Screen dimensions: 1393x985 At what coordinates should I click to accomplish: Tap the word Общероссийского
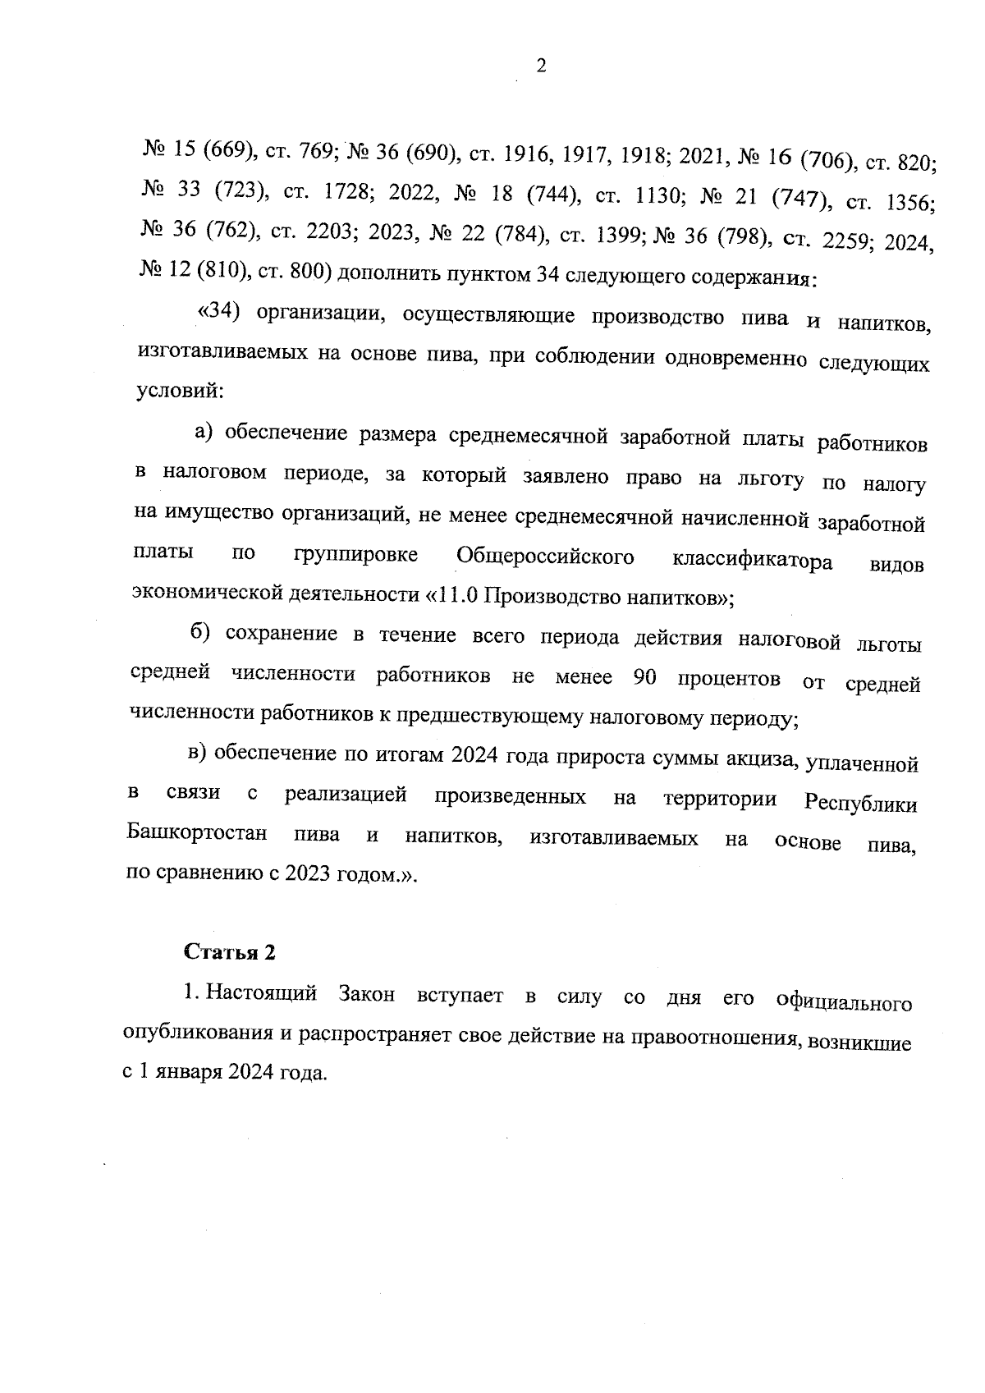coord(545,557)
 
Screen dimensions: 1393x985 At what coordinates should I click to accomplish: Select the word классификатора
coord(751,561)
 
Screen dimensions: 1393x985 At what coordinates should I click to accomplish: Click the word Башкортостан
coord(198,835)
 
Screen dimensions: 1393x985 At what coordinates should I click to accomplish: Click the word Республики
coord(860,804)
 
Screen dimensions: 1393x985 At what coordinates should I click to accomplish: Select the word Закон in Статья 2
coord(366,995)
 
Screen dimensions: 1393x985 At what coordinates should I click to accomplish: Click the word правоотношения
coord(713,1038)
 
